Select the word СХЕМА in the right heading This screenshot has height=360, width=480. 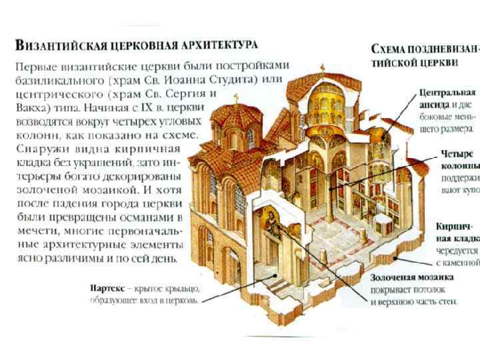click(x=393, y=49)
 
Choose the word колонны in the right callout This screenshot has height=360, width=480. click(x=459, y=165)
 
